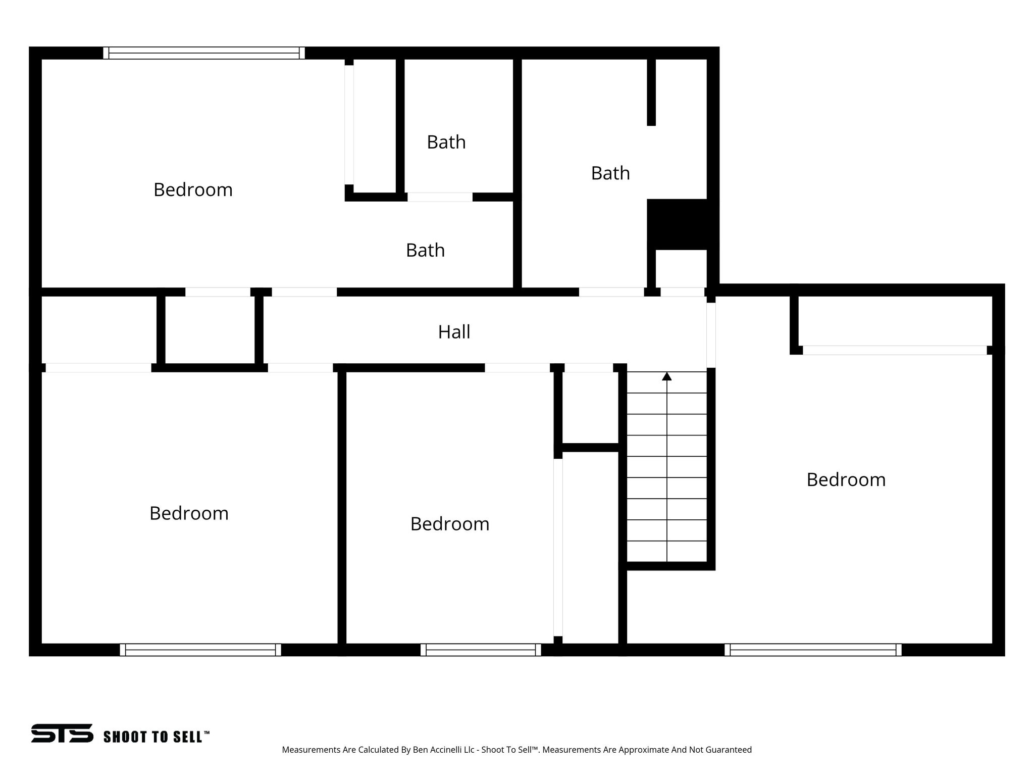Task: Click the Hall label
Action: tap(454, 332)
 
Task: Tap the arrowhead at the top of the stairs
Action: tap(667, 376)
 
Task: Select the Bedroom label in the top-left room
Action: tap(193, 190)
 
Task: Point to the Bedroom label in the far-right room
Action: tap(846, 479)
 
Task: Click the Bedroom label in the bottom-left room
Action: tap(189, 513)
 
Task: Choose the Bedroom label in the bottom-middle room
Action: tap(449, 524)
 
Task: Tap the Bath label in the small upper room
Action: tap(446, 142)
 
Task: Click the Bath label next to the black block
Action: tap(610, 173)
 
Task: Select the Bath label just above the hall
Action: tap(425, 251)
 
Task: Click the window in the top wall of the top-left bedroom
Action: tap(204, 53)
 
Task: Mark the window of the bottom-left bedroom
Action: tap(200, 650)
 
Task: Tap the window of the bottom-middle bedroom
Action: tap(481, 650)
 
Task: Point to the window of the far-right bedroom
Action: tap(813, 650)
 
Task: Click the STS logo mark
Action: tap(62, 733)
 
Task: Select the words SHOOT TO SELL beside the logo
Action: tap(156, 737)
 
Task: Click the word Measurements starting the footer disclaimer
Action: tap(311, 750)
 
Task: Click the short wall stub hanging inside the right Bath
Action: tap(651, 92)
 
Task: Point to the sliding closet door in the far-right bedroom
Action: tap(894, 350)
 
